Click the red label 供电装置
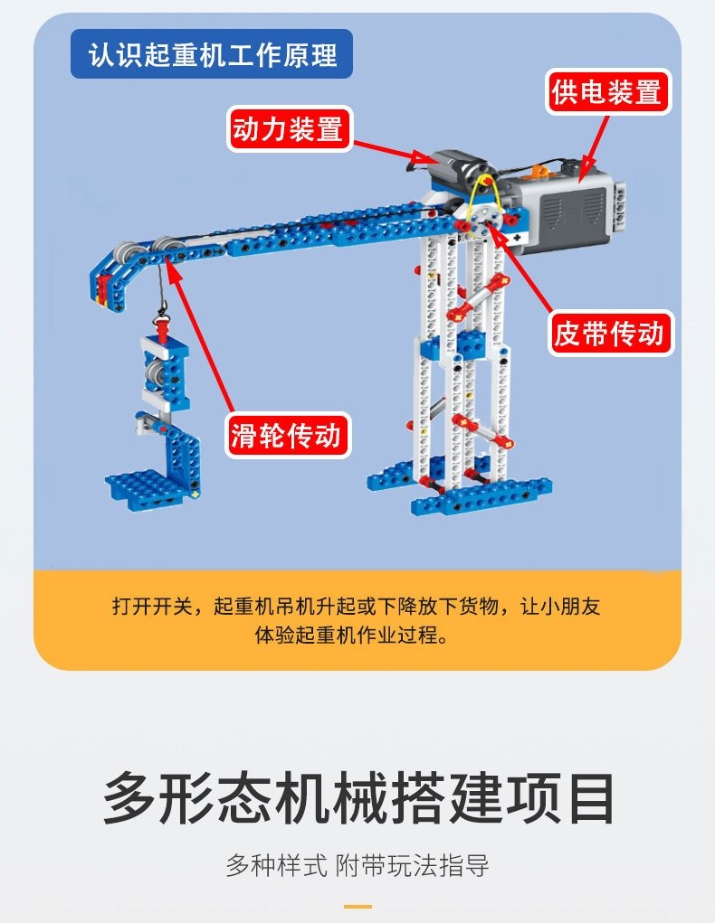(607, 92)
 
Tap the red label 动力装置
(289, 129)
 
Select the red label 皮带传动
(609, 334)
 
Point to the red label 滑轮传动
(288, 435)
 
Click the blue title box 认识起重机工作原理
(212, 54)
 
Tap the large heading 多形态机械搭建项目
(357, 799)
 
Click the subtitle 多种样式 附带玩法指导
(357, 866)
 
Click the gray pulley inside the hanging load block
(155, 372)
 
